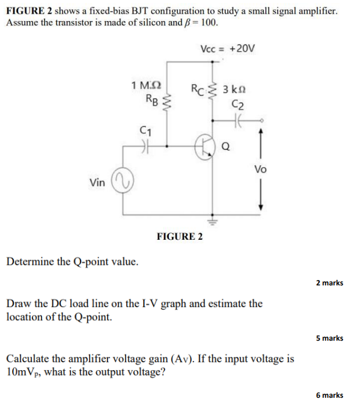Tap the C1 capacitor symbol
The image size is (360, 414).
(x=145, y=145)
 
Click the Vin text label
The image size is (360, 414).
(x=96, y=182)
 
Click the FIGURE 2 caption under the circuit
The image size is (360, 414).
(x=179, y=236)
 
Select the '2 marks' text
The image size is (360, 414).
(x=329, y=282)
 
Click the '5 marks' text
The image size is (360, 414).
(x=329, y=338)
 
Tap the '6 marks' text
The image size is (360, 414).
(x=329, y=395)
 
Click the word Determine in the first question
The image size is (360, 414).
(x=29, y=262)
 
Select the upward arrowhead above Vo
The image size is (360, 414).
(x=260, y=136)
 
